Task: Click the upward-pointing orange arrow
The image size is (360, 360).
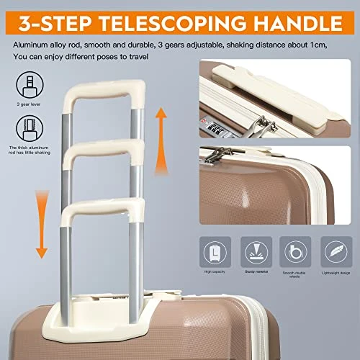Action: point(161,126)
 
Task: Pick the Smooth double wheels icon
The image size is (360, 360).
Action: point(294,253)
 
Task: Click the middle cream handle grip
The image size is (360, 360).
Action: point(104,150)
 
